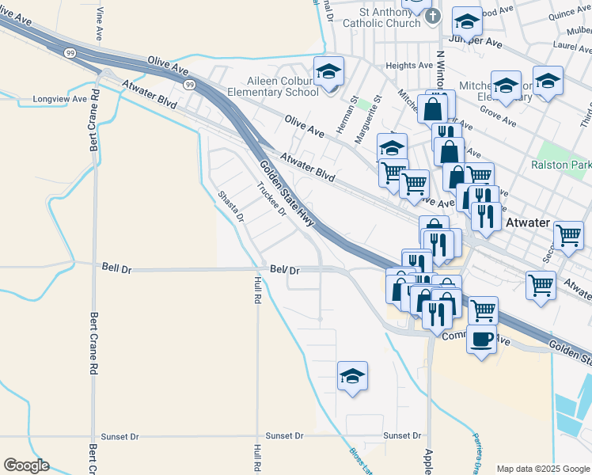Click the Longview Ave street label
60,100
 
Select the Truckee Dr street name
271,199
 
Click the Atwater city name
527,222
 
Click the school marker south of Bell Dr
353,376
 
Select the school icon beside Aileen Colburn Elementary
328,72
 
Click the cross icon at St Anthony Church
432,17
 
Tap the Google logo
27,465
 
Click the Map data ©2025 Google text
542,469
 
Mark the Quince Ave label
570,13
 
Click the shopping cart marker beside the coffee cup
483,310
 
